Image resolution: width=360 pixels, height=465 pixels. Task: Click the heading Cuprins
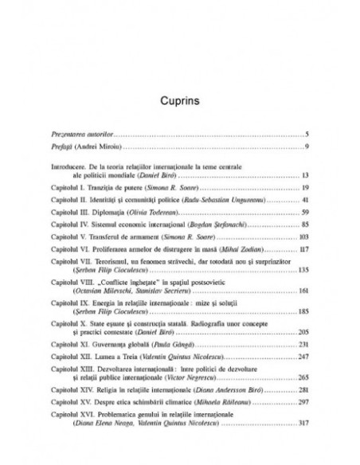click(x=180, y=102)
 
